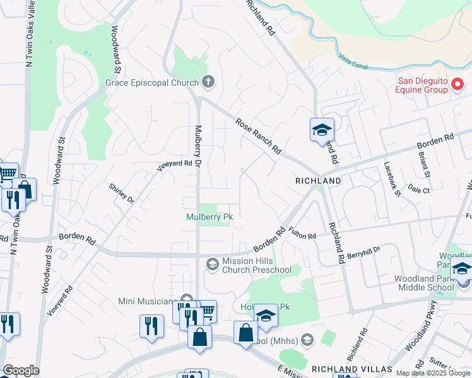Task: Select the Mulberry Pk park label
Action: point(209,217)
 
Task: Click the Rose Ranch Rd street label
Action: point(258,137)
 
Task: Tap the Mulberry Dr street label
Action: point(197,146)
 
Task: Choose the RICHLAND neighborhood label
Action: point(318,181)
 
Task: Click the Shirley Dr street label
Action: point(122,192)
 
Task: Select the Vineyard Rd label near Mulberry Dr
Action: point(174,166)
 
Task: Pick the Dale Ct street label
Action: point(418,189)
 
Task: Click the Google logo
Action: point(21,370)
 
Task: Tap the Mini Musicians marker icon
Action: point(186,299)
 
